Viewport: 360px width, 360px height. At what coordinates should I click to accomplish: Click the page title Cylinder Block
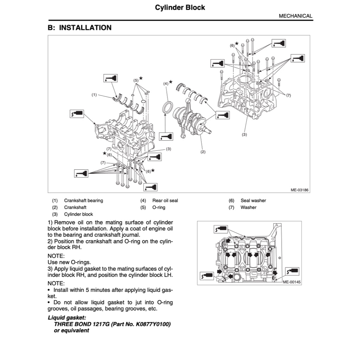[180, 7]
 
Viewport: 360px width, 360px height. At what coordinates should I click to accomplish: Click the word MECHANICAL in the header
[295, 16]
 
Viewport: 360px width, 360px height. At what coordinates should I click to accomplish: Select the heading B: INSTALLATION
[79, 28]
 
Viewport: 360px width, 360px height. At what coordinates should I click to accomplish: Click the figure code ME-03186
[299, 190]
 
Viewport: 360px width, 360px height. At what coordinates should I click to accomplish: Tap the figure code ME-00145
[291, 282]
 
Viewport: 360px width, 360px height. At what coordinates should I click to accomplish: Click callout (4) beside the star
[166, 84]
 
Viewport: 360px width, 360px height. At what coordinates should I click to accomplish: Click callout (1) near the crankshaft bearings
[94, 95]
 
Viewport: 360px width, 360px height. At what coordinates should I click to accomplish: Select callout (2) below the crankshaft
[203, 152]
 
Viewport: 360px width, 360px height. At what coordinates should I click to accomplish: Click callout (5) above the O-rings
[136, 80]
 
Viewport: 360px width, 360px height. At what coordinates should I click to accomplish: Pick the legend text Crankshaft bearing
[83, 201]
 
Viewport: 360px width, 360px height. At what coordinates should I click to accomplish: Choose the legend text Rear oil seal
[165, 201]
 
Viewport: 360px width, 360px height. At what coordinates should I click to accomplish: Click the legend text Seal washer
[253, 201]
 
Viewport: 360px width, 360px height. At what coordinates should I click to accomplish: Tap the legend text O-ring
[159, 207]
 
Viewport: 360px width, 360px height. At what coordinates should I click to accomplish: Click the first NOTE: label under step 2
[56, 256]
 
